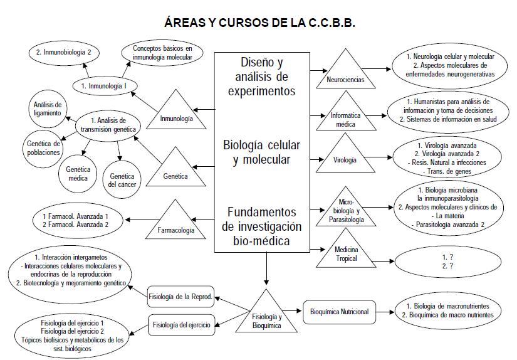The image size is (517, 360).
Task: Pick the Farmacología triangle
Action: [170, 224]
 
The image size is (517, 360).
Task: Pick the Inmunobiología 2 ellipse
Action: [64, 51]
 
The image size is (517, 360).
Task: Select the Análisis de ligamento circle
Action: [48, 108]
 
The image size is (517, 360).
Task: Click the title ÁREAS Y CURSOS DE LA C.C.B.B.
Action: [259, 22]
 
